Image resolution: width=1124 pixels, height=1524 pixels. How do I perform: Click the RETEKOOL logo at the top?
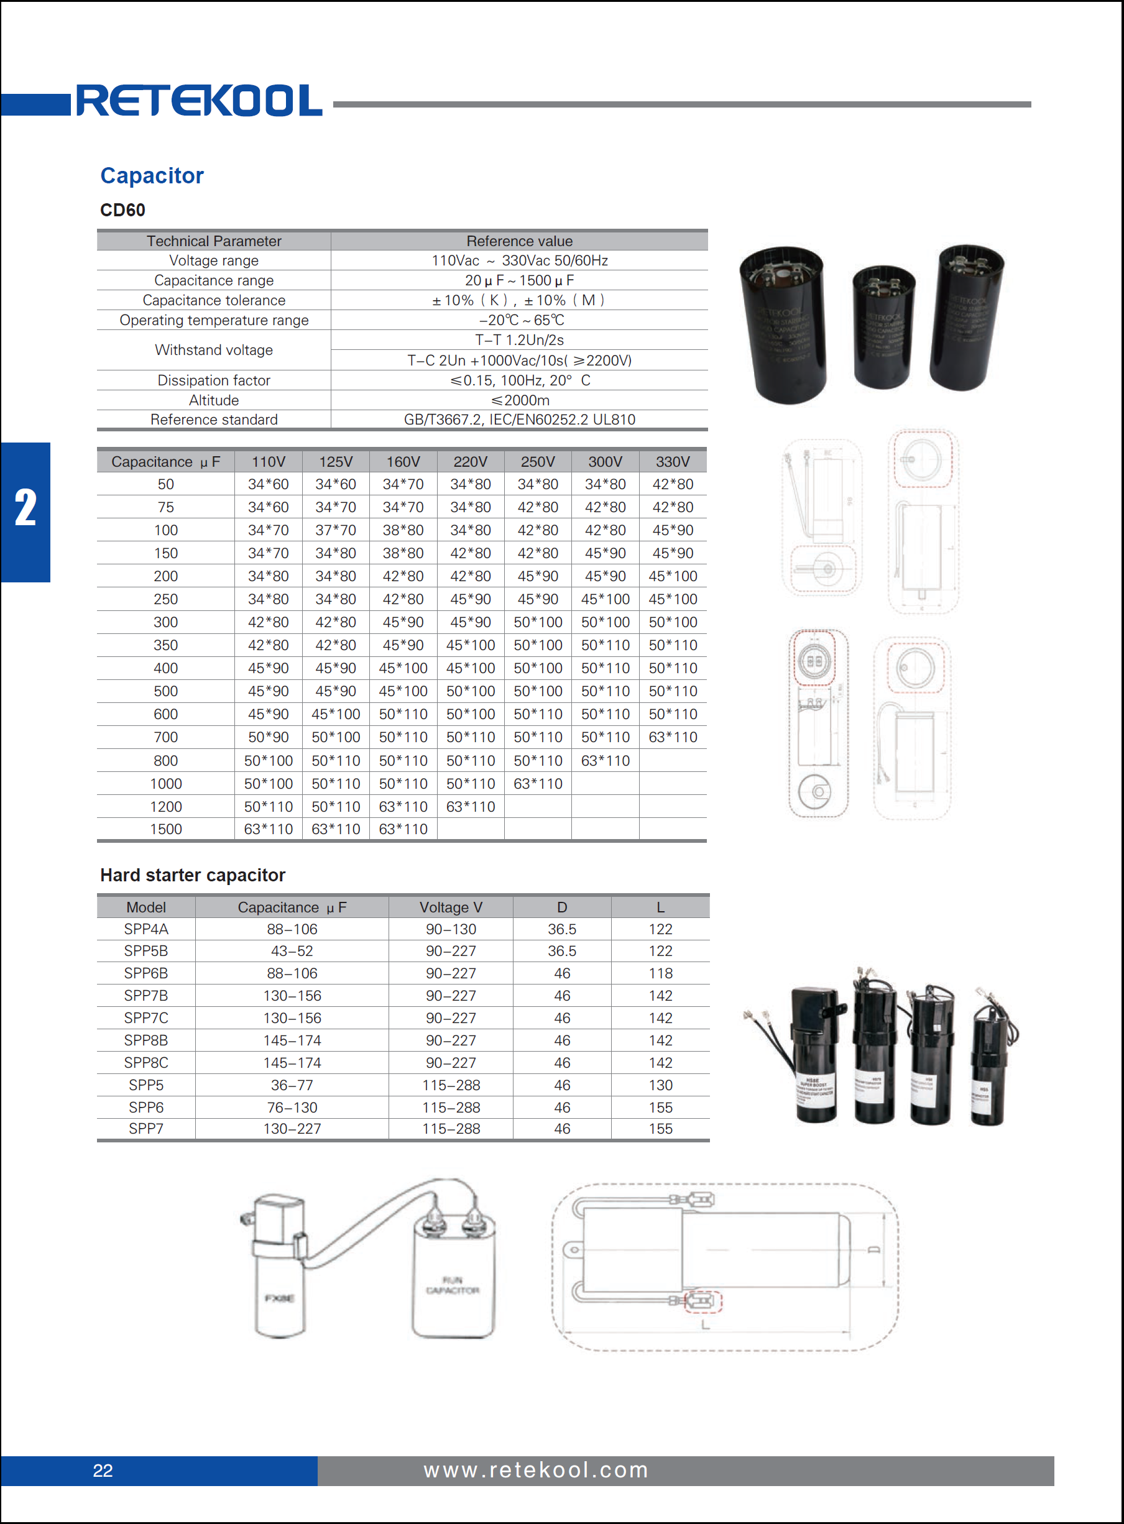(199, 101)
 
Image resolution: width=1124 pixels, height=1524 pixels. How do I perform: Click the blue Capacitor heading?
(152, 175)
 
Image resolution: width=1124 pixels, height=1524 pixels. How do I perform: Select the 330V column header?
(672, 462)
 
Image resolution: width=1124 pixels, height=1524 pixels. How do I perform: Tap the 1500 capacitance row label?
(165, 829)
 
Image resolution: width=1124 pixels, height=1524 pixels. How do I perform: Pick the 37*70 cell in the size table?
(336, 530)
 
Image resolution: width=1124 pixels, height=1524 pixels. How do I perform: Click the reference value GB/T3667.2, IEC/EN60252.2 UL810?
(519, 420)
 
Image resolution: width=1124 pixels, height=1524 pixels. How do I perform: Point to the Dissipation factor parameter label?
(214, 380)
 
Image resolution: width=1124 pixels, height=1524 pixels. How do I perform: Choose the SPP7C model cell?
(145, 1018)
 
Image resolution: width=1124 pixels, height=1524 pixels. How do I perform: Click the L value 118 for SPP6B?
(660, 973)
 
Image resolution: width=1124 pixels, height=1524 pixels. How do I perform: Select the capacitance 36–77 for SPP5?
(292, 1085)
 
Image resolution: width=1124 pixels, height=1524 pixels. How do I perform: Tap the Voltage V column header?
(451, 907)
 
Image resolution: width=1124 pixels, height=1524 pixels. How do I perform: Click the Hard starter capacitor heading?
(193, 875)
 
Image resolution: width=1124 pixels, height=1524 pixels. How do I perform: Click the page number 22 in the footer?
(103, 1471)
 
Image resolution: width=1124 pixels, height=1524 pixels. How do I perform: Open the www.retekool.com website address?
(535, 1471)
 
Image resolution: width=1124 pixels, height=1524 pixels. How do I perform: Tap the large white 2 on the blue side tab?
(26, 508)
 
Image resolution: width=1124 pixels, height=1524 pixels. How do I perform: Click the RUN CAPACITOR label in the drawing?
(453, 1285)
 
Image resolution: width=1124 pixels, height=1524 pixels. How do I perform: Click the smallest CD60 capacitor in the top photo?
(883, 327)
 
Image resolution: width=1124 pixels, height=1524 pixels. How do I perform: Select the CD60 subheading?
(122, 210)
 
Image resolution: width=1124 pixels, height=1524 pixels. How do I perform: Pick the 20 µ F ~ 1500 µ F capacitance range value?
(519, 280)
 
